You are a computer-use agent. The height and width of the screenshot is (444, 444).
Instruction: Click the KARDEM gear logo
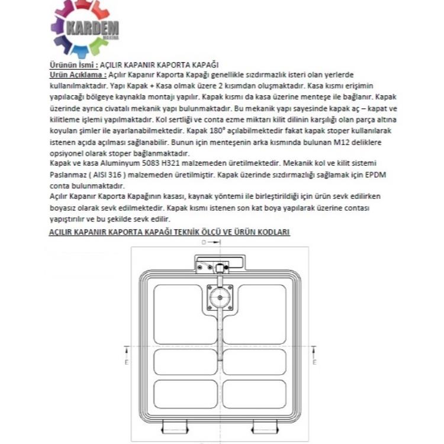(85, 28)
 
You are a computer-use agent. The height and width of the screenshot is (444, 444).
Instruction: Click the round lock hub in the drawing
(220, 298)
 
